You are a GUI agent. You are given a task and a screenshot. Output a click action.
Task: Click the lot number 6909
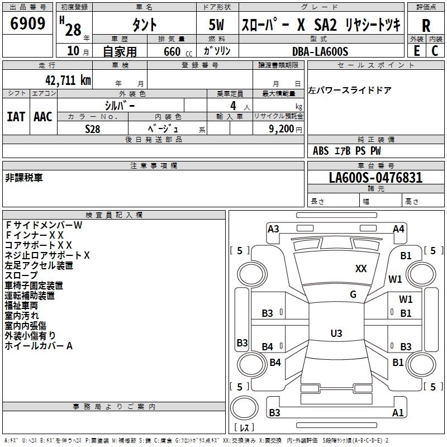[28, 24]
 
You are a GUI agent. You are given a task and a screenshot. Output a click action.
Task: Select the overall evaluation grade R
[426, 26]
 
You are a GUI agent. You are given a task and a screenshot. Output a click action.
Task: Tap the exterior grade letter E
[416, 50]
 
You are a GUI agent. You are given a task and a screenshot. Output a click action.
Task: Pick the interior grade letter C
[435, 50]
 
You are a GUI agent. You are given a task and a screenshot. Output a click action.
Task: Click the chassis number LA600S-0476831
[375, 178]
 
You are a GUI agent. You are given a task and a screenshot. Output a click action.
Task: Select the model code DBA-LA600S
[320, 51]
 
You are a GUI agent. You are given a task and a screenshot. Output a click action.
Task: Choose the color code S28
[93, 129]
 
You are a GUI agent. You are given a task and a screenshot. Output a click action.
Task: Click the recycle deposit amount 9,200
[283, 129]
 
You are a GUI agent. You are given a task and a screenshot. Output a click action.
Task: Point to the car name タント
[144, 25]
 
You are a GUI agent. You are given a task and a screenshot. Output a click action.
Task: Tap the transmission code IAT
[16, 116]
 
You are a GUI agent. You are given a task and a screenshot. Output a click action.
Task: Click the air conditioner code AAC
[42, 116]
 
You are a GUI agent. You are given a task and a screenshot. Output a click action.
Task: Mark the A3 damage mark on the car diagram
[273, 229]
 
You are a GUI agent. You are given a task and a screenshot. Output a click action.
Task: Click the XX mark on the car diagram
[361, 269]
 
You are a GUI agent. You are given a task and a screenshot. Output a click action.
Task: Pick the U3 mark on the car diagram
[336, 334]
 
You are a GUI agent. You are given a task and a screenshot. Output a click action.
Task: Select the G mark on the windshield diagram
[353, 294]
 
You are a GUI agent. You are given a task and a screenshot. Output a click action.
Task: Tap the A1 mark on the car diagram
[398, 413]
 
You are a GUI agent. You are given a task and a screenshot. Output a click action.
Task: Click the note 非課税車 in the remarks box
[23, 177]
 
